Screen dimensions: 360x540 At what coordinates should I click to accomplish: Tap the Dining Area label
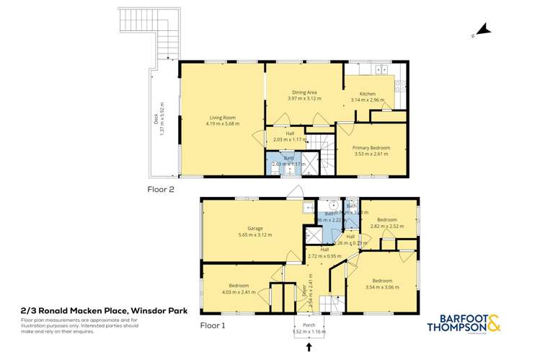(x=304, y=92)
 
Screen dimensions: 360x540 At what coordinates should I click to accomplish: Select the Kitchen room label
(x=368, y=94)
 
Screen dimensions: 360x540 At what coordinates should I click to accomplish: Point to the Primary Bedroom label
(x=371, y=148)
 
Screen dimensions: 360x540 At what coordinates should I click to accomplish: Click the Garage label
(x=249, y=229)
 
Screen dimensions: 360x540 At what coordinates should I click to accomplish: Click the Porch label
(x=310, y=325)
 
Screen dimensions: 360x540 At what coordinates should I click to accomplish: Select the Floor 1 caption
(x=213, y=325)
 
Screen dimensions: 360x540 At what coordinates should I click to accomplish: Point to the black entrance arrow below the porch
(x=310, y=348)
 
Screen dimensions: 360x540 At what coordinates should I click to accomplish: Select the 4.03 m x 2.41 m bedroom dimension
(x=239, y=292)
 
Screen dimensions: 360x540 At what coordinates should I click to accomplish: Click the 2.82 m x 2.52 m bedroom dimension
(x=388, y=226)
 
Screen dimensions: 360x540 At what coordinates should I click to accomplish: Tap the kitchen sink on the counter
(x=381, y=70)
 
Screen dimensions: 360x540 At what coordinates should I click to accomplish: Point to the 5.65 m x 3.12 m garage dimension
(x=249, y=234)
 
